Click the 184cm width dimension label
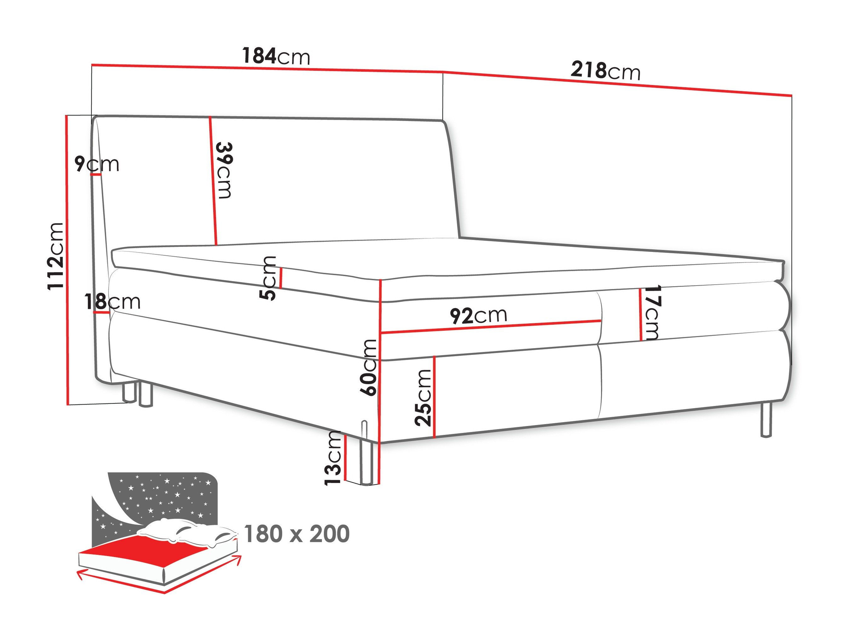point(276,56)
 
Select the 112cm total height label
point(55,257)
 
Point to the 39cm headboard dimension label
point(224,170)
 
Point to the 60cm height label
point(368,367)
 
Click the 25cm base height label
point(423,397)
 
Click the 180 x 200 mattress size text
point(296,534)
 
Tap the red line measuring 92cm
point(491,327)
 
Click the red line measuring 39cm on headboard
point(213,181)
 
